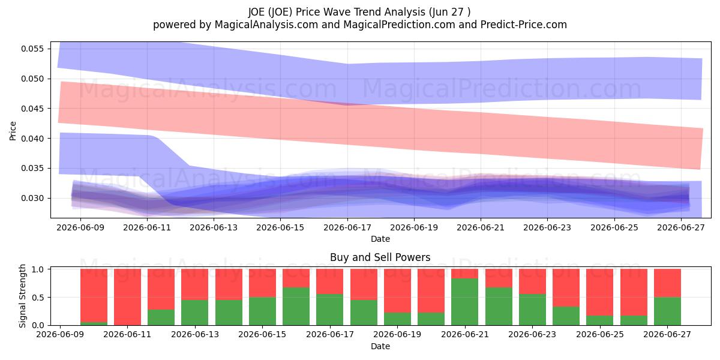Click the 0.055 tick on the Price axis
coord(32,49)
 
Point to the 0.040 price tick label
coord(32,139)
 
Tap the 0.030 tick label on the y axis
coord(32,199)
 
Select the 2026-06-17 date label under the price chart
coord(347,227)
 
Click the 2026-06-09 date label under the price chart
coord(80,227)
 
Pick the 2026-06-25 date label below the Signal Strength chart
coord(600,334)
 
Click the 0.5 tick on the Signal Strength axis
coord(38,298)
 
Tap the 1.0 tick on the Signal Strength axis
coord(38,269)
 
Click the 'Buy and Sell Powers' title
coord(380,257)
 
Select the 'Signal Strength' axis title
coord(22,296)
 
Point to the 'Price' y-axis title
coord(13,131)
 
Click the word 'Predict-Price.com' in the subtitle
coord(524,25)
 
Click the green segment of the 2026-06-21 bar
coord(465,302)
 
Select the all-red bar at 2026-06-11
coord(127,297)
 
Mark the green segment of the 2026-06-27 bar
coord(667,311)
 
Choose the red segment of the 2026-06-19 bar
coord(397,291)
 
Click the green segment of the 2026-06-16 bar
coord(296,307)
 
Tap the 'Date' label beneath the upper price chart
coord(380,239)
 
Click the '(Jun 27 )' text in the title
coord(449,12)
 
